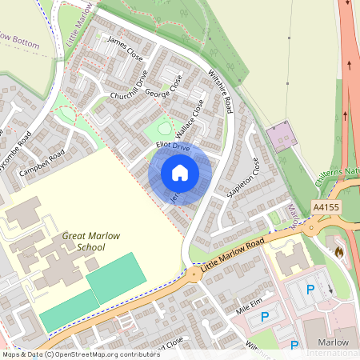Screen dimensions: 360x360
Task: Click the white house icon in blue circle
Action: click(x=180, y=173)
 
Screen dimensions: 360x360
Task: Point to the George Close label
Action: click(x=163, y=91)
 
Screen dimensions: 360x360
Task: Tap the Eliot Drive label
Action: click(x=173, y=147)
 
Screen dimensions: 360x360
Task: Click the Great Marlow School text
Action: click(x=84, y=242)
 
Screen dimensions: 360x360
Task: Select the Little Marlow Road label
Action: click(x=233, y=255)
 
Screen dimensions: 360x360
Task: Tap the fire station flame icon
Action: click(x=339, y=252)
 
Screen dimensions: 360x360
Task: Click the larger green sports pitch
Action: click(x=117, y=276)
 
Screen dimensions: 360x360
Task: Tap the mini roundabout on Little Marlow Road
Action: click(x=194, y=274)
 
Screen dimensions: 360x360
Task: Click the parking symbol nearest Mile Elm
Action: click(x=264, y=318)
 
